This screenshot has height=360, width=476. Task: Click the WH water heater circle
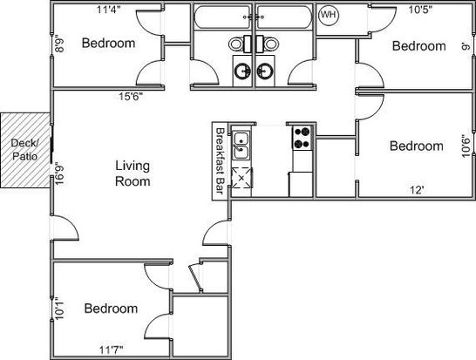point(329,15)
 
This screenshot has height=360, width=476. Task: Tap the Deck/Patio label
point(24,149)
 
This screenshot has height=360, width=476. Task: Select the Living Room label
point(133,173)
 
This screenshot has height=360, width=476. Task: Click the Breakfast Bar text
point(220,161)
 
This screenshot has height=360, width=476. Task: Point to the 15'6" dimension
point(131,97)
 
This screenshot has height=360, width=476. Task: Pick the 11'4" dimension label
point(109,10)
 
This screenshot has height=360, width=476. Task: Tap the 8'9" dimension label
point(59,44)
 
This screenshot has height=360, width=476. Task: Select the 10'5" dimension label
point(420,10)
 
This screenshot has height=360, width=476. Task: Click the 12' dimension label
point(417,190)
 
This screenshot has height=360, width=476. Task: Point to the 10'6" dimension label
point(466,146)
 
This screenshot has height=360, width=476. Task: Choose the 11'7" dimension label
point(112,350)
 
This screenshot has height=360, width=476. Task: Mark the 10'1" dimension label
point(59,308)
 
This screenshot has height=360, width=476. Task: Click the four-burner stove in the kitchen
point(303,137)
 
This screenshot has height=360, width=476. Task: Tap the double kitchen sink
point(241,146)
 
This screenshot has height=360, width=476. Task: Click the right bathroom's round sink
point(265,71)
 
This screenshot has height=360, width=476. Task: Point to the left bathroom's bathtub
point(223,17)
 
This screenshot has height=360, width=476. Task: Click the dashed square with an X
point(241,178)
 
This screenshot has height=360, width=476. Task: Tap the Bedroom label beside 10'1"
point(111,309)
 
